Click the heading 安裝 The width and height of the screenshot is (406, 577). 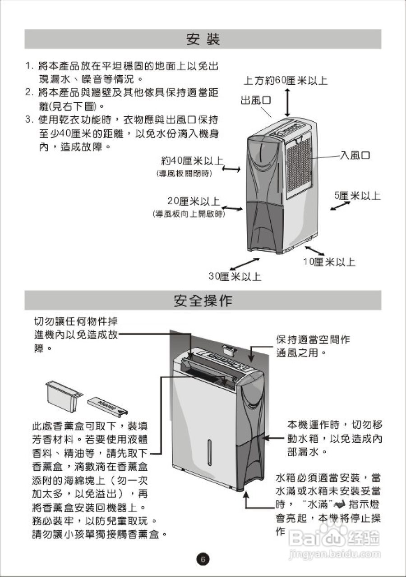click(x=203, y=39)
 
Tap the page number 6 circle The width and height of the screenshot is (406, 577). click(x=203, y=559)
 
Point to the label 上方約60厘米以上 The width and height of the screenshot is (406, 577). click(x=285, y=81)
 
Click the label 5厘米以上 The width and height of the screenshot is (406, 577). click(x=357, y=196)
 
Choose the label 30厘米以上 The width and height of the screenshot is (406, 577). click(x=235, y=276)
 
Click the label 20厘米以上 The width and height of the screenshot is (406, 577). click(x=194, y=201)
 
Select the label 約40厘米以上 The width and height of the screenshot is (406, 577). click(x=192, y=161)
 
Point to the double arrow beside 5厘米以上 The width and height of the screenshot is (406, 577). click(x=340, y=206)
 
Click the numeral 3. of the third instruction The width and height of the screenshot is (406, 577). click(x=29, y=120)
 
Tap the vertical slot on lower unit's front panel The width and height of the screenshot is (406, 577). click(x=208, y=451)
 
